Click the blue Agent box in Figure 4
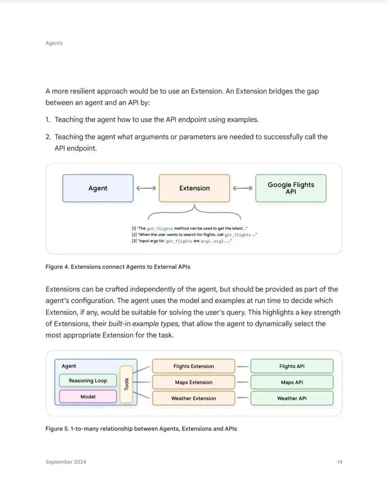tap(98, 188)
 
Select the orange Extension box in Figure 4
tap(194, 188)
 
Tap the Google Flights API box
tap(291, 188)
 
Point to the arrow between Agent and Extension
tap(146, 188)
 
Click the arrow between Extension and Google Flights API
tap(242, 188)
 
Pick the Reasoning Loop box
tap(88, 380)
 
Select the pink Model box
tap(88, 396)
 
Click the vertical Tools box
tap(126, 384)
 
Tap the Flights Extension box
tap(194, 366)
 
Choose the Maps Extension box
tap(194, 382)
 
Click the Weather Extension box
tap(194, 398)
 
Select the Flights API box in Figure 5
tap(292, 366)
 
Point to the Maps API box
tap(292, 382)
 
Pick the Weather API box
tap(292, 398)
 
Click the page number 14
tap(339, 462)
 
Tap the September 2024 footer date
tap(66, 462)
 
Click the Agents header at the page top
tap(54, 43)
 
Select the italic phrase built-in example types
tap(143, 324)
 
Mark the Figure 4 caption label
tap(118, 267)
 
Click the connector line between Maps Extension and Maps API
tap(243, 382)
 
